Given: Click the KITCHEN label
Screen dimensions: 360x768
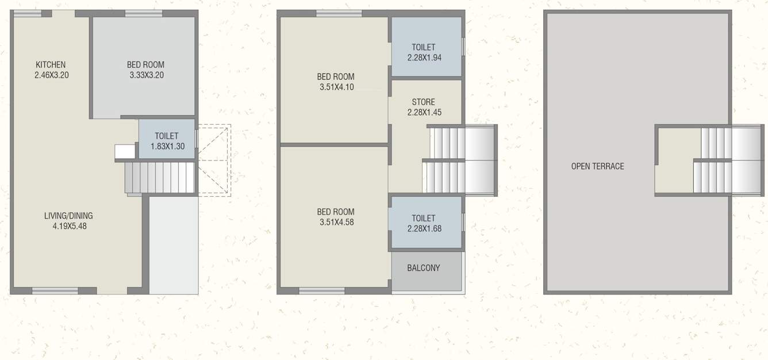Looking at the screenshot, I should click(x=51, y=64).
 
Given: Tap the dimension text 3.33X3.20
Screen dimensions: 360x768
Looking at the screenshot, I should click(x=145, y=75).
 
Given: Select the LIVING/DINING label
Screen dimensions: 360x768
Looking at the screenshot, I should click(x=68, y=216).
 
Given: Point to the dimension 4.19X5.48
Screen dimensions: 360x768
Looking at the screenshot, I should click(x=69, y=226).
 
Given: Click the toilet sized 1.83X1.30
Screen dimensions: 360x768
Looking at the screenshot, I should click(x=167, y=140).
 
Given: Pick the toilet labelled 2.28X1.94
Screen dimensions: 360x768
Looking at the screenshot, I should click(x=426, y=52).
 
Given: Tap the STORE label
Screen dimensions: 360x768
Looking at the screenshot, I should click(x=424, y=102).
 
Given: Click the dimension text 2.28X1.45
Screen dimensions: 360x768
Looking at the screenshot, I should click(x=424, y=113).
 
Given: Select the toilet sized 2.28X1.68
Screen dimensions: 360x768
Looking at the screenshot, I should click(x=426, y=223).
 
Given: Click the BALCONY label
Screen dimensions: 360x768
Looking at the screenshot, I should click(x=424, y=268).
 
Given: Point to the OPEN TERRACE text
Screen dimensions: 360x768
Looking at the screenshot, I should click(x=597, y=166).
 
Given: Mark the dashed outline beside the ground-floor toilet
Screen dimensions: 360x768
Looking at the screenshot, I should click(x=214, y=160).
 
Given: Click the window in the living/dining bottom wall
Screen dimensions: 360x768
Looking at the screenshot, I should click(x=55, y=291).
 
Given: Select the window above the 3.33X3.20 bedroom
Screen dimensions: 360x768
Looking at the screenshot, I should click(x=143, y=14).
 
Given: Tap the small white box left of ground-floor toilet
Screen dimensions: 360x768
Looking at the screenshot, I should click(x=125, y=151).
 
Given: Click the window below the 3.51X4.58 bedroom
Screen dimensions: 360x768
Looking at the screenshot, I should click(x=322, y=291).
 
